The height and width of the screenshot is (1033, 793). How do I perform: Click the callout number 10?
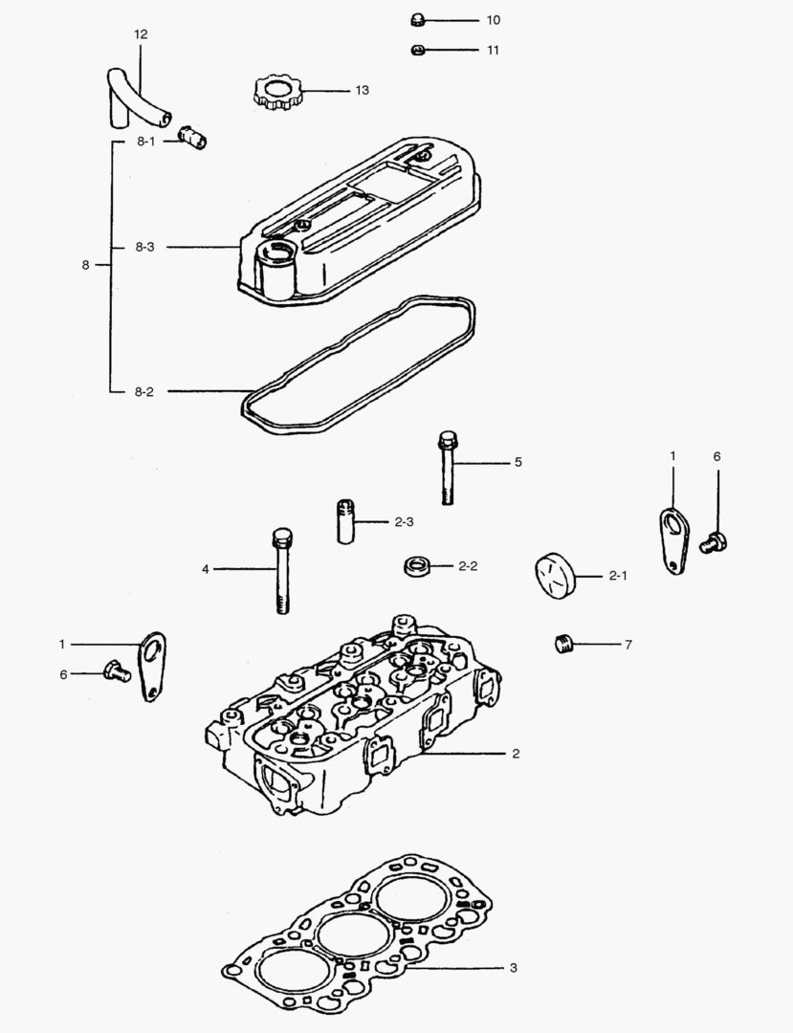tap(493, 20)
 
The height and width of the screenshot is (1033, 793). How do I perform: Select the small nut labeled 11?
tap(417, 50)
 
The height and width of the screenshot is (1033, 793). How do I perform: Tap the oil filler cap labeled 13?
tap(278, 93)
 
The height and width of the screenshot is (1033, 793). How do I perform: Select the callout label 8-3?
tap(144, 247)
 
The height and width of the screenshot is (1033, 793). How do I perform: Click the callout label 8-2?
tap(144, 391)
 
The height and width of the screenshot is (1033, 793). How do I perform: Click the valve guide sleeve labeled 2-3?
tap(345, 521)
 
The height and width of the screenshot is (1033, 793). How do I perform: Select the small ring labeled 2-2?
tap(416, 566)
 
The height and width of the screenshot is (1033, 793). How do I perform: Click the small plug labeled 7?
tap(563, 643)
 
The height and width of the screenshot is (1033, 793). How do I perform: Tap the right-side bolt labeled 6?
tap(714, 541)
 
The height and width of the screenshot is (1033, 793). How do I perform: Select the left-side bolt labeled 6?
tap(116, 670)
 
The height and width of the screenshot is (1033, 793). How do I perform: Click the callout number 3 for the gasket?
tap(513, 968)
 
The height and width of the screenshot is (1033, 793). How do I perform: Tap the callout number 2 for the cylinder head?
tap(515, 754)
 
